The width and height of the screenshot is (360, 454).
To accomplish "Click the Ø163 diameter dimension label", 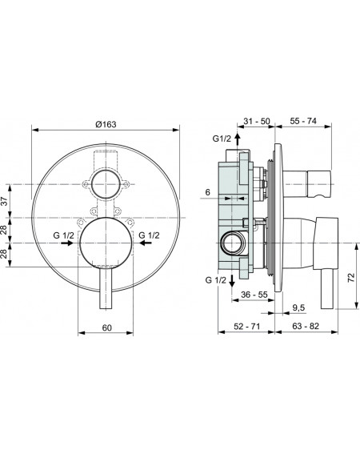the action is point(106,124).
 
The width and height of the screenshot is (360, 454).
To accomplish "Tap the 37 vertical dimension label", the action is point(5,201).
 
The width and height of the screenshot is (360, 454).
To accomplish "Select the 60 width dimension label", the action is point(106,327).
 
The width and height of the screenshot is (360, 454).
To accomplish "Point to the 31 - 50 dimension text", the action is point(256,121).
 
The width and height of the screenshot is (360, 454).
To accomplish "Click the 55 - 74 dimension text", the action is point(303,121).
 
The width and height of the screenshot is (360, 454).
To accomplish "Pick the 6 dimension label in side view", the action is point(208,192).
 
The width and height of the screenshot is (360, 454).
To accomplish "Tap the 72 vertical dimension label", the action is point(351,278).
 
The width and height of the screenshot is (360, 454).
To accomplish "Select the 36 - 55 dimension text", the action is point(254,295).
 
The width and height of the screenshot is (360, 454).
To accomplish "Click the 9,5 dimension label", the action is point(298,307).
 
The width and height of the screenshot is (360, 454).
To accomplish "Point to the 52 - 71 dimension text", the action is point(247,327).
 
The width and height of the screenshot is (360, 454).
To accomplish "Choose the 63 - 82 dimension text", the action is point(306,326).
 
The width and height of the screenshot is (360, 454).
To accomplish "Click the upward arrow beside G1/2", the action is point(238,139).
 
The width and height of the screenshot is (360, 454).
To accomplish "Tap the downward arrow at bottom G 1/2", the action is point(232,280).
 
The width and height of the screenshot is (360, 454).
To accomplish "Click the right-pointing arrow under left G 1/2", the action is point(67,243).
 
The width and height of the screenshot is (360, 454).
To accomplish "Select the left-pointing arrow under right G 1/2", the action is point(146,243).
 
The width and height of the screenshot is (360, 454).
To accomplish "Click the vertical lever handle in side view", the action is point(328,289).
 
